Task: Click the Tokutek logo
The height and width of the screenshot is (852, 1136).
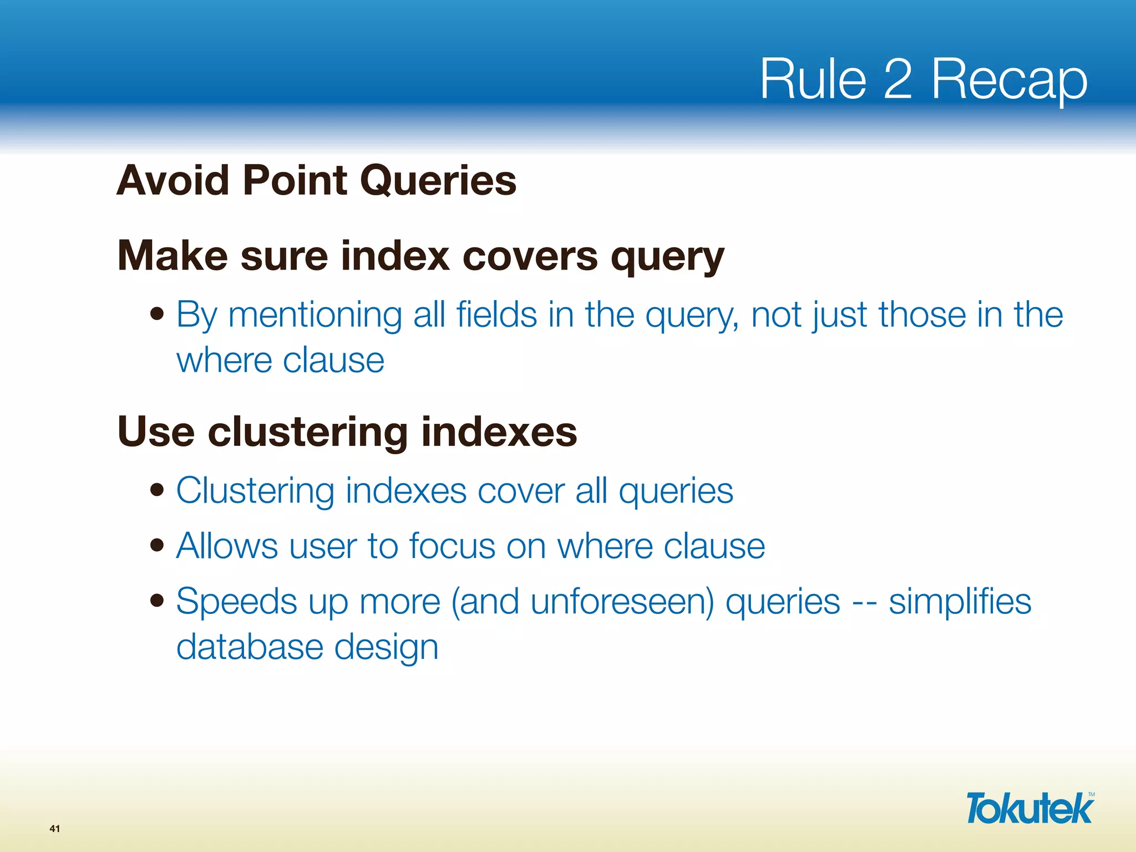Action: pyautogui.click(x=1030, y=808)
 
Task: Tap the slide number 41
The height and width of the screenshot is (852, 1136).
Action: pyautogui.click(x=54, y=829)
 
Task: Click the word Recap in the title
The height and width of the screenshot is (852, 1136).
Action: pyautogui.click(x=1009, y=80)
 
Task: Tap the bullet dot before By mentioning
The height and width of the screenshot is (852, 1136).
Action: pyautogui.click(x=158, y=315)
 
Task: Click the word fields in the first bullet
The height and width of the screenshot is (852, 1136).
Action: pyautogui.click(x=496, y=315)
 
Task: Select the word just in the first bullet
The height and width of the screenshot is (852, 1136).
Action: pyautogui.click(x=840, y=315)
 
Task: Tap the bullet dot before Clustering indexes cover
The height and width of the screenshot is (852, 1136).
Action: pyautogui.click(x=158, y=490)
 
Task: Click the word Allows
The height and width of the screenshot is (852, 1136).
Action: pyautogui.click(x=227, y=546)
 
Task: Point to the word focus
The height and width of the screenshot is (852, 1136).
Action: pyautogui.click(x=452, y=546)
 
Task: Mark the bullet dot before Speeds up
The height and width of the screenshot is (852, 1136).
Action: pyautogui.click(x=158, y=601)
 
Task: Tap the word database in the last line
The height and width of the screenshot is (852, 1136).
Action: pyautogui.click(x=250, y=647)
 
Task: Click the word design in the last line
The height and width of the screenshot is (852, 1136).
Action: pyautogui.click(x=386, y=648)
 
